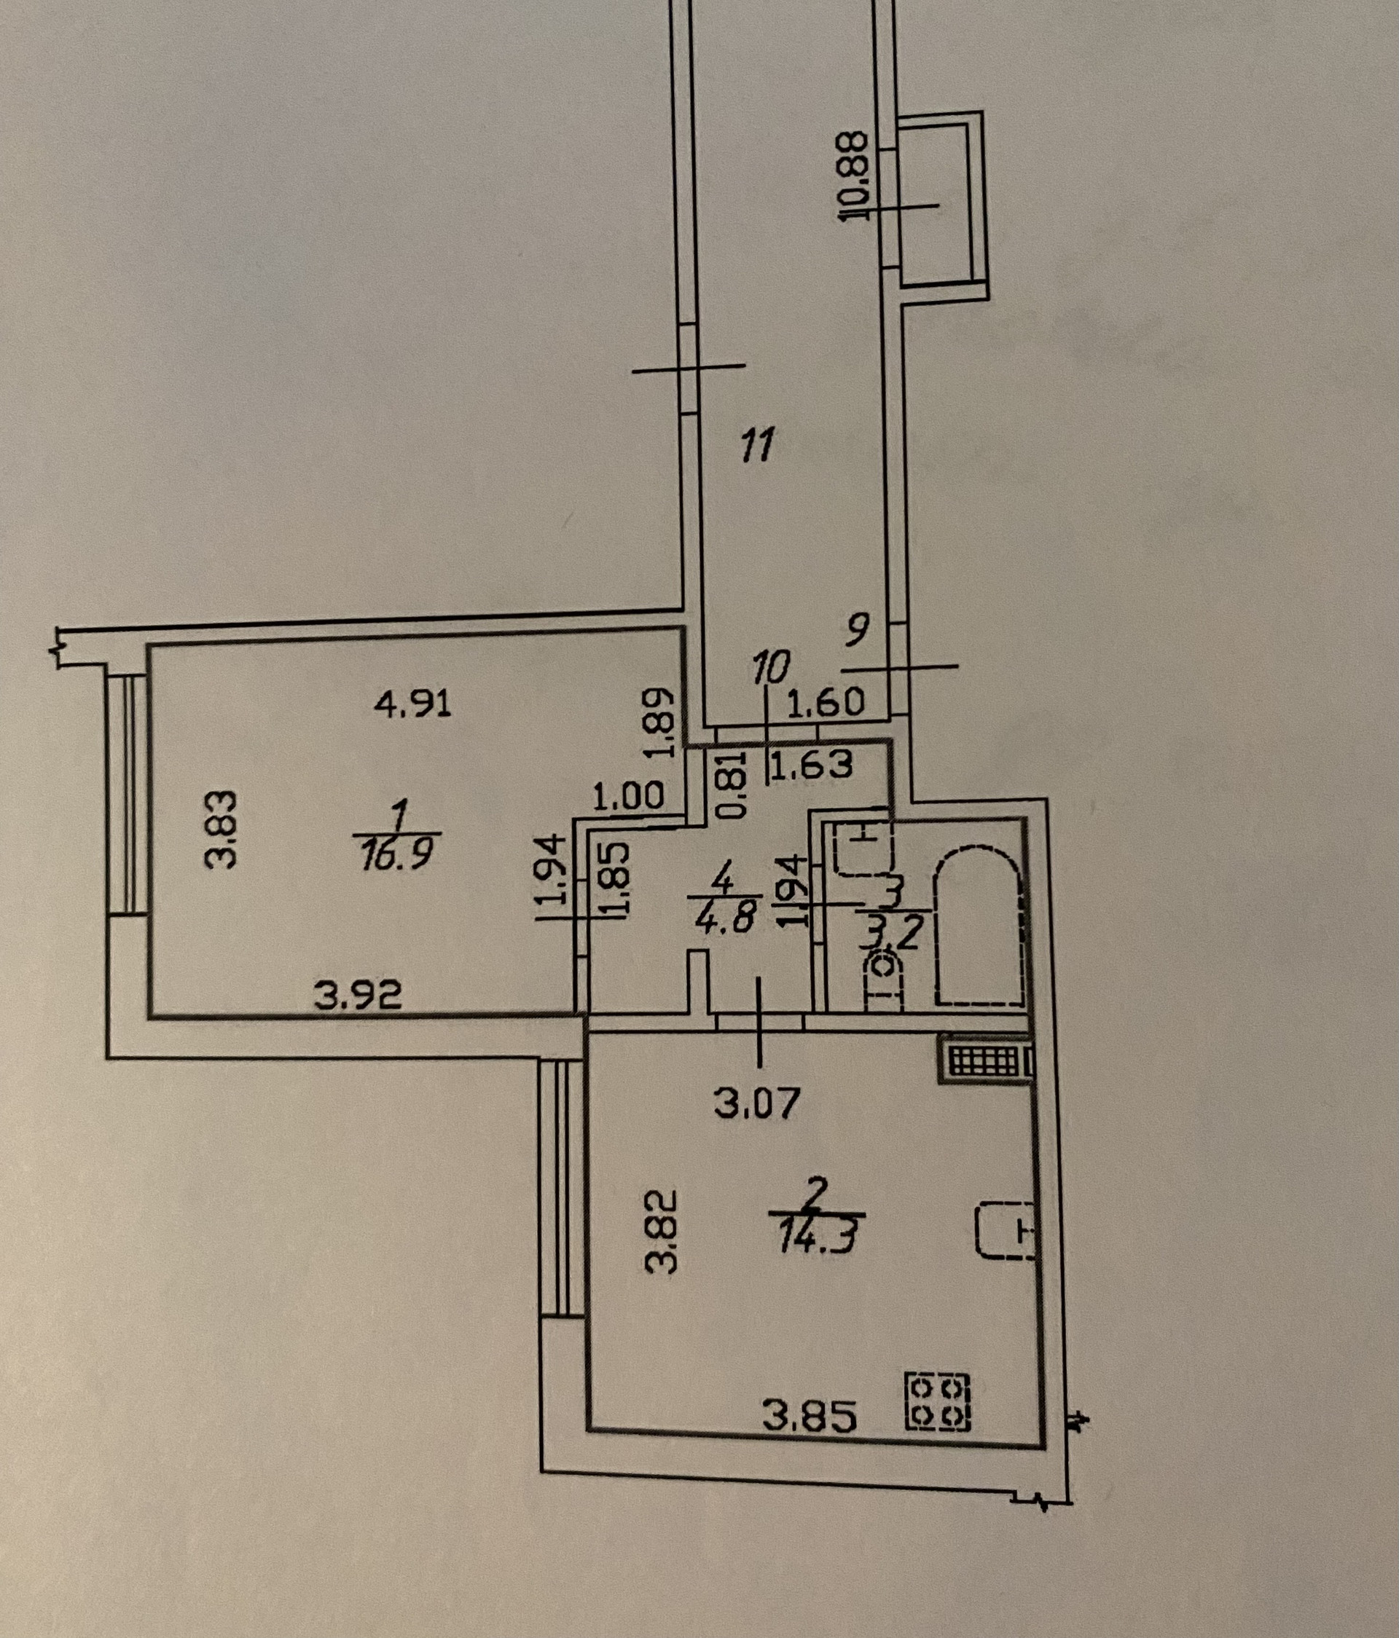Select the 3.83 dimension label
pyautogui.click(x=221, y=830)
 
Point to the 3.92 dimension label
pyautogui.click(x=358, y=996)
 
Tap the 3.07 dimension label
pyautogui.click(x=757, y=1103)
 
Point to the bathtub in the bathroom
pyautogui.click(x=979, y=926)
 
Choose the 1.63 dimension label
pyautogui.click(x=812, y=764)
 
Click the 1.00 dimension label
pyautogui.click(x=630, y=796)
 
